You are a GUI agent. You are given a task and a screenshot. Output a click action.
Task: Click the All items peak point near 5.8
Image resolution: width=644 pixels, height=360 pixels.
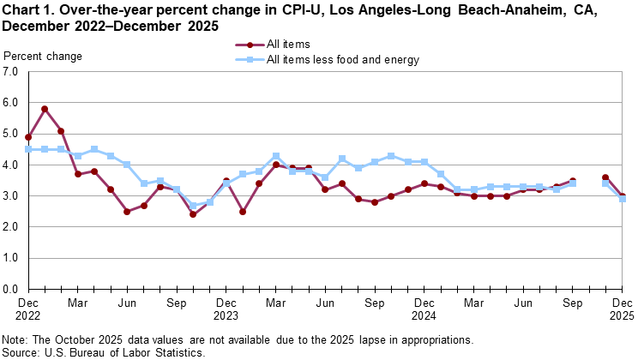45,109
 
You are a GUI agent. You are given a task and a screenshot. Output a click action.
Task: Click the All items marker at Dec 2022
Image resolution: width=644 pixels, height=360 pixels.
28,137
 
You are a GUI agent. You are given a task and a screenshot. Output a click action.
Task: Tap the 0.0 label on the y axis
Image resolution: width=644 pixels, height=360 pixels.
11,289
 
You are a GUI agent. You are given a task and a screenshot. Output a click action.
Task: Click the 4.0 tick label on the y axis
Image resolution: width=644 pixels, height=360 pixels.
11,165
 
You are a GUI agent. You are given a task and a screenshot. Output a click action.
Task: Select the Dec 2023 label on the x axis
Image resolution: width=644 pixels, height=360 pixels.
226,309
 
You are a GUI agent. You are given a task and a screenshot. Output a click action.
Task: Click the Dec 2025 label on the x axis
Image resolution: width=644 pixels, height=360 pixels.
622,309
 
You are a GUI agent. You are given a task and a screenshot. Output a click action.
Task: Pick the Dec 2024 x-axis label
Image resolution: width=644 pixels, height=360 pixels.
424,309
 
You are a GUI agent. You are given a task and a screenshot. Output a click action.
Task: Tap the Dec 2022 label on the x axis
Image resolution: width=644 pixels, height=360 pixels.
28,309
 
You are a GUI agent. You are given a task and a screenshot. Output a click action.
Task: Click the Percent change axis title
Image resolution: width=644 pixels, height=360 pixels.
44,57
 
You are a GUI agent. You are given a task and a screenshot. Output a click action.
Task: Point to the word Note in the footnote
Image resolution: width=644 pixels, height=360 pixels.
16,339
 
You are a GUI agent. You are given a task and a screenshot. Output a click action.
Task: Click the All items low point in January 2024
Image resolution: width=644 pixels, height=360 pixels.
243,212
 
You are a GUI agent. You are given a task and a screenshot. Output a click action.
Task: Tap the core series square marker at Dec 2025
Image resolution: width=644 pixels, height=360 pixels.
622,199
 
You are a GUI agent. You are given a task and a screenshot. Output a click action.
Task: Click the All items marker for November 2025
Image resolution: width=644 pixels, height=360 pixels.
605,177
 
